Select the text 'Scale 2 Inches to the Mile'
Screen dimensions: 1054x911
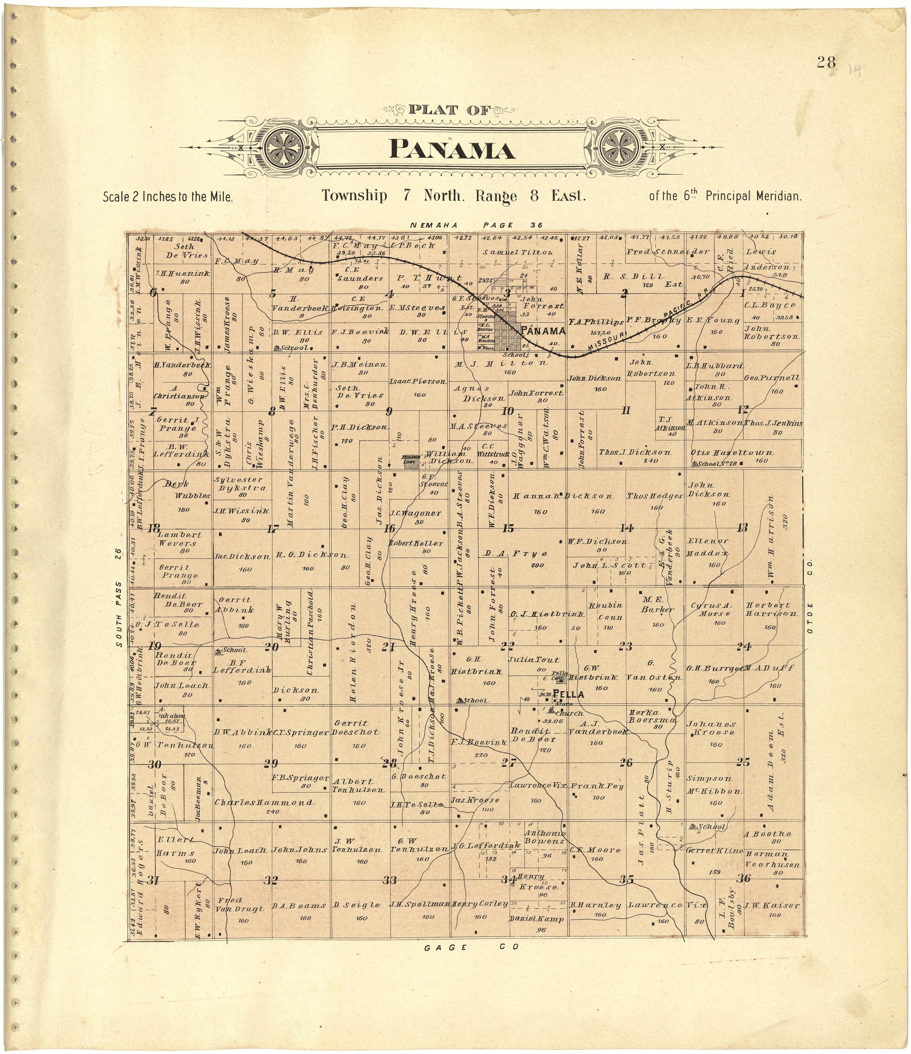click(168, 197)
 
